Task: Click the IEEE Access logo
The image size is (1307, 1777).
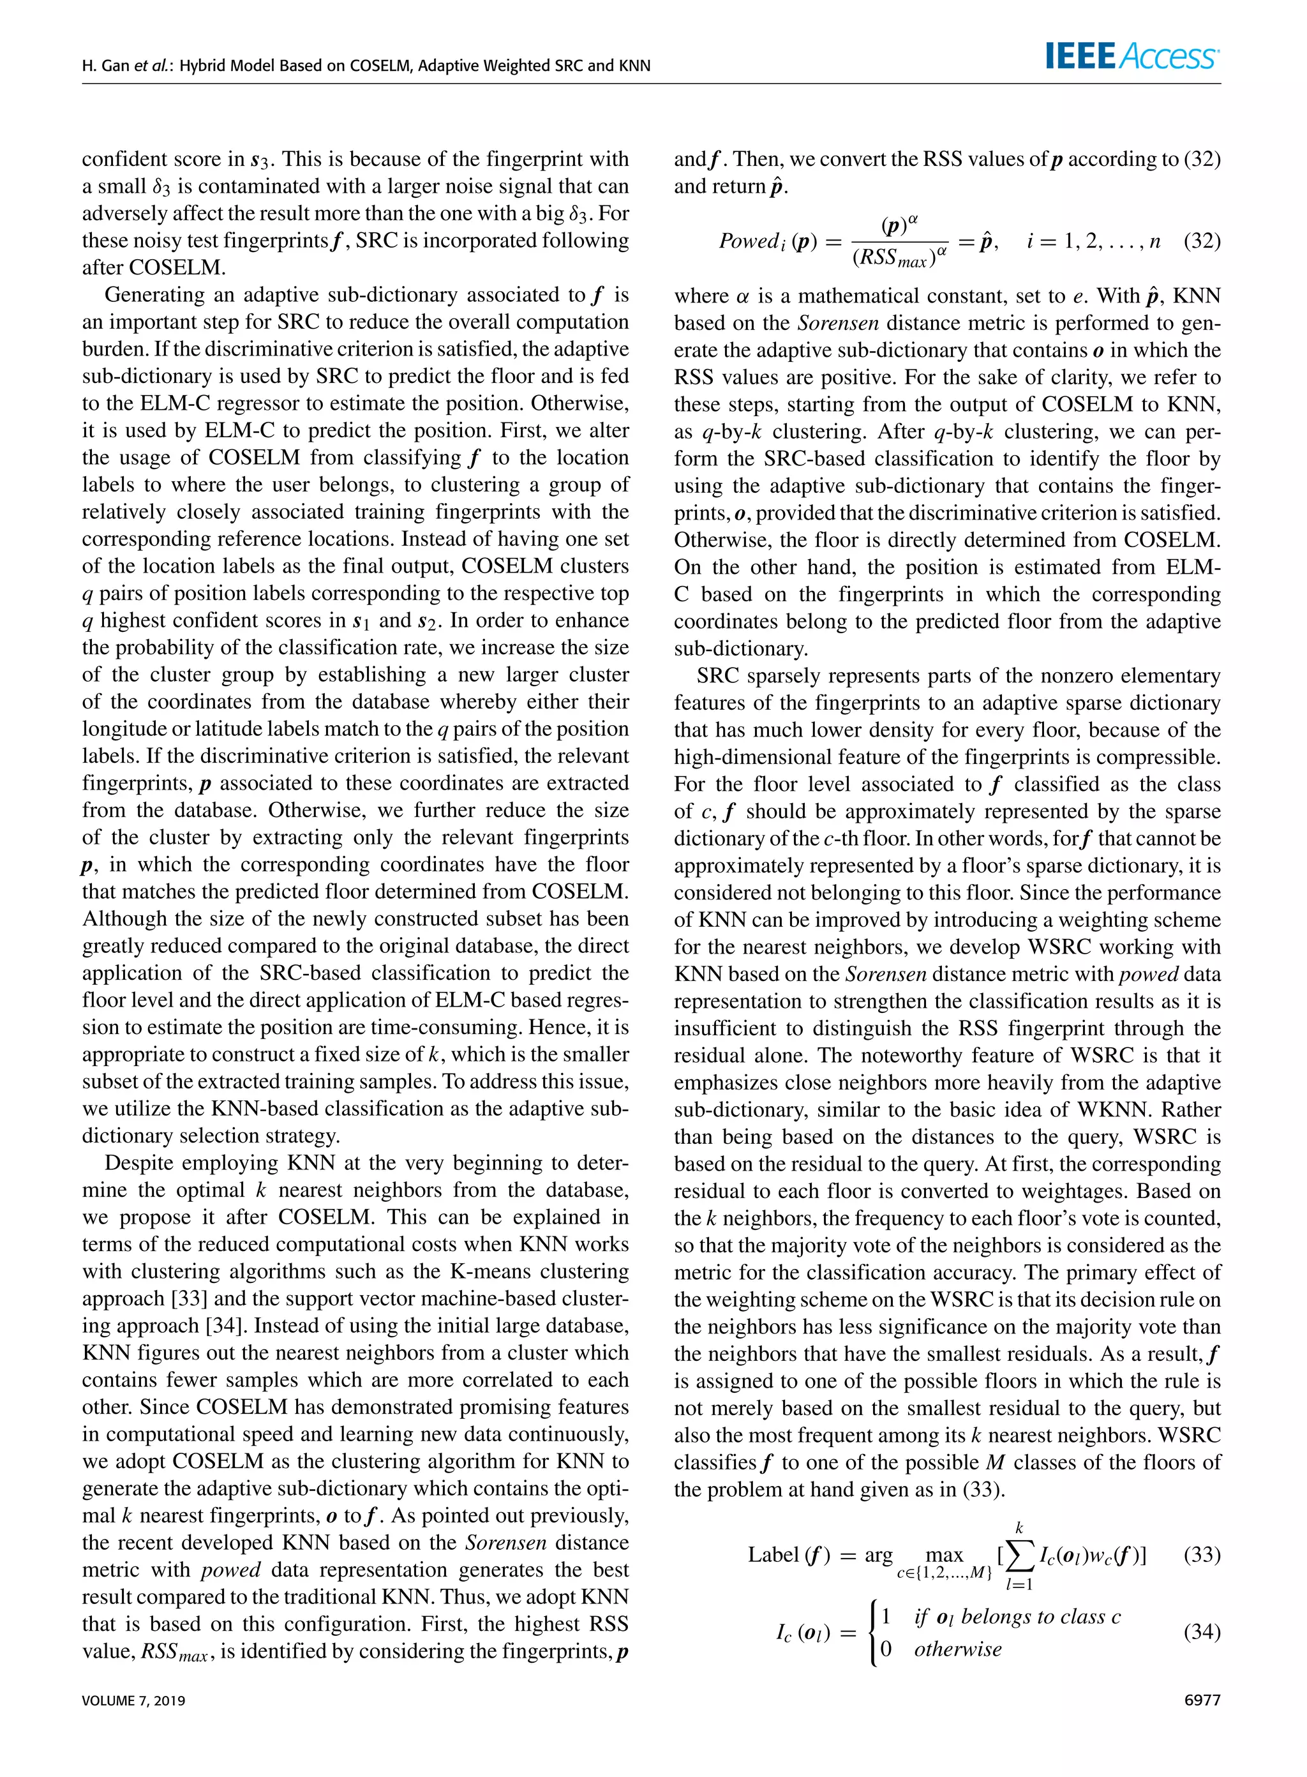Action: [1132, 56]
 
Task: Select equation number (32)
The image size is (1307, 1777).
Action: [1202, 241]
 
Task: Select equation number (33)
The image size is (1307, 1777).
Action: [1202, 1555]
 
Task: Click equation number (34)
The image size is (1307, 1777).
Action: [1202, 1632]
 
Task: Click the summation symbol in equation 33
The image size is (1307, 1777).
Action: [1020, 1556]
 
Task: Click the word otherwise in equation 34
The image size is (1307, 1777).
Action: [957, 1649]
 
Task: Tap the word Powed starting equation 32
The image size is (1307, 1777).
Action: [749, 241]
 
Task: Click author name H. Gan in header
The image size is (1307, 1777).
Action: [105, 66]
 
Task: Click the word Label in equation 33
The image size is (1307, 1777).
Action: [773, 1555]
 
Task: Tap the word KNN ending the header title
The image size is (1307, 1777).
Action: [634, 66]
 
